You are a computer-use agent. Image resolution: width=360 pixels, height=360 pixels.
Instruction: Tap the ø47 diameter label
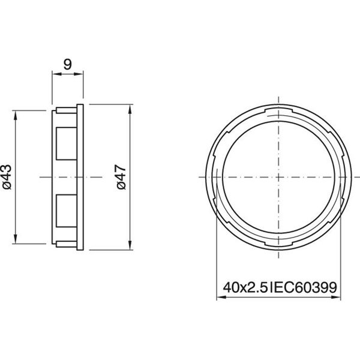point(121,177)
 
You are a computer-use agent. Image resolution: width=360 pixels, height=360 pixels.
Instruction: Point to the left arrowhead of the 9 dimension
point(55,74)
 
